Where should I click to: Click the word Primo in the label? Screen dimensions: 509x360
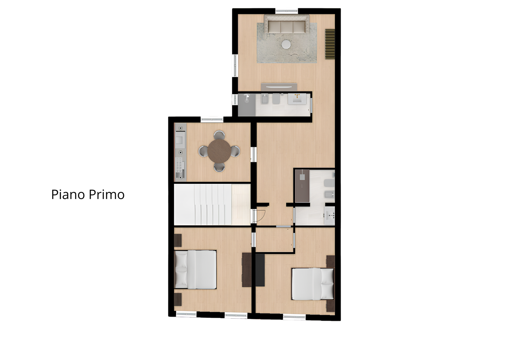point(107,195)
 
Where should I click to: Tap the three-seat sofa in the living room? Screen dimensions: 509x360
point(286,24)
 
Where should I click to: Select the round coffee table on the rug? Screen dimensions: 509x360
point(286,44)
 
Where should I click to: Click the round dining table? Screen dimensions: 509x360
point(219,151)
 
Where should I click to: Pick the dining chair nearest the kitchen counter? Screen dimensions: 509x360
point(203,151)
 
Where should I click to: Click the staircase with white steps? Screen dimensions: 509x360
point(212,204)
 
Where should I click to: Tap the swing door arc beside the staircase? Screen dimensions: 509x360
point(262,218)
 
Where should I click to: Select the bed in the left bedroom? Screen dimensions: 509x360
point(195,270)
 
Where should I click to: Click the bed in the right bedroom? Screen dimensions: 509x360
point(313,284)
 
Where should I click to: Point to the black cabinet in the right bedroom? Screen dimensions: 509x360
point(260,270)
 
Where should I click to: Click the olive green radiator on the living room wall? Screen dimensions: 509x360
point(330,44)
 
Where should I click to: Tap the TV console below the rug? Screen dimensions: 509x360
point(279,87)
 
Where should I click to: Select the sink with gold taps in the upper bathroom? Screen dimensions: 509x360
point(297,99)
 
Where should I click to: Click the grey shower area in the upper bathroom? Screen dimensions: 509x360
point(247,105)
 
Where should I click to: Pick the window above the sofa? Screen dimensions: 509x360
point(287,11)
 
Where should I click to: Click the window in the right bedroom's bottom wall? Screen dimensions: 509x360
point(294,317)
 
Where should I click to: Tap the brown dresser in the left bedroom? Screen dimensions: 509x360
point(247,270)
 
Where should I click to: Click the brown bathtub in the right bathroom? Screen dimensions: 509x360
point(302,186)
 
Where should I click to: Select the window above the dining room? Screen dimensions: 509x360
point(212,119)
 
